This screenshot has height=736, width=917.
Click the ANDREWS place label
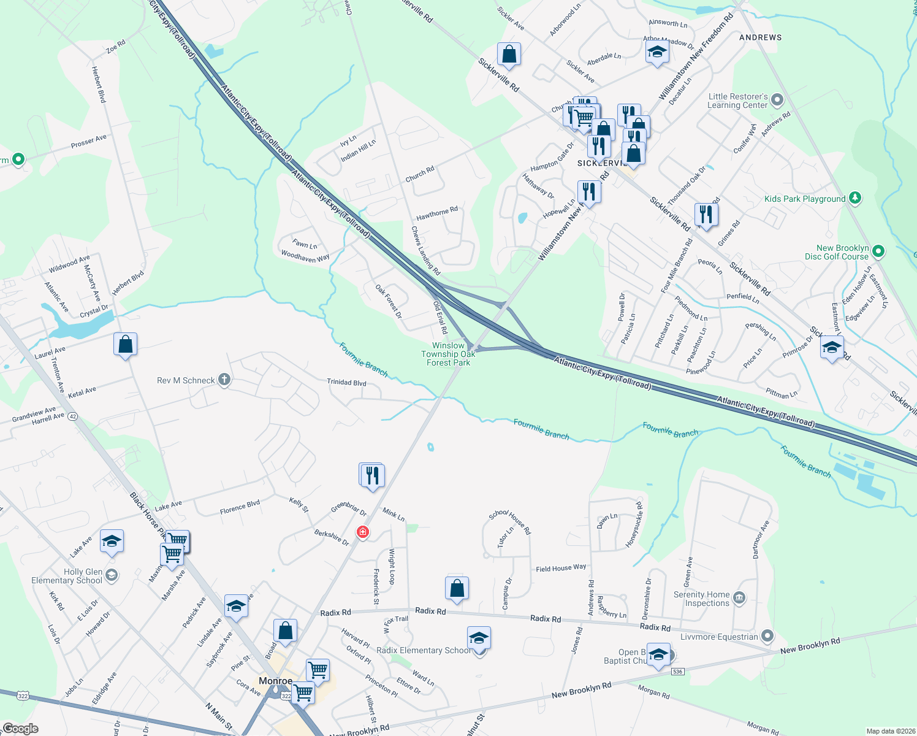[760, 37]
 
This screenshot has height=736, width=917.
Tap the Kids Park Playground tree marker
[856, 198]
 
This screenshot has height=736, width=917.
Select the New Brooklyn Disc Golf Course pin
[878, 251]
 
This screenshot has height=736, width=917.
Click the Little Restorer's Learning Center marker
[777, 99]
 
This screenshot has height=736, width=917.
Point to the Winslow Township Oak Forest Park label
[448, 355]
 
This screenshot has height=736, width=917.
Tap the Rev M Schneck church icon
[224, 380]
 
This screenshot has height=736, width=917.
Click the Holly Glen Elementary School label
[67, 576]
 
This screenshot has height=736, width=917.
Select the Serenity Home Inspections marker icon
[739, 598]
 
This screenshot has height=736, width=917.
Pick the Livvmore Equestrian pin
[767, 636]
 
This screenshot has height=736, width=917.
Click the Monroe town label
[275, 681]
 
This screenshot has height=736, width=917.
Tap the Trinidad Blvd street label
[346, 383]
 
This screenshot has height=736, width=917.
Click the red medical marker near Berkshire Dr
[363, 532]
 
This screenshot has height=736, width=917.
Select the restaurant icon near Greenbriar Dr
[373, 476]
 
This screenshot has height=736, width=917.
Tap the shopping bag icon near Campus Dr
[457, 588]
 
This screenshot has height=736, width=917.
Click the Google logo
[20, 729]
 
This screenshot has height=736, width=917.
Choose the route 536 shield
[677, 672]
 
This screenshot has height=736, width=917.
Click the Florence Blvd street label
[240, 507]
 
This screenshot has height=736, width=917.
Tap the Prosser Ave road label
[88, 142]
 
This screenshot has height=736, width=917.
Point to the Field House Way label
[561, 569]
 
